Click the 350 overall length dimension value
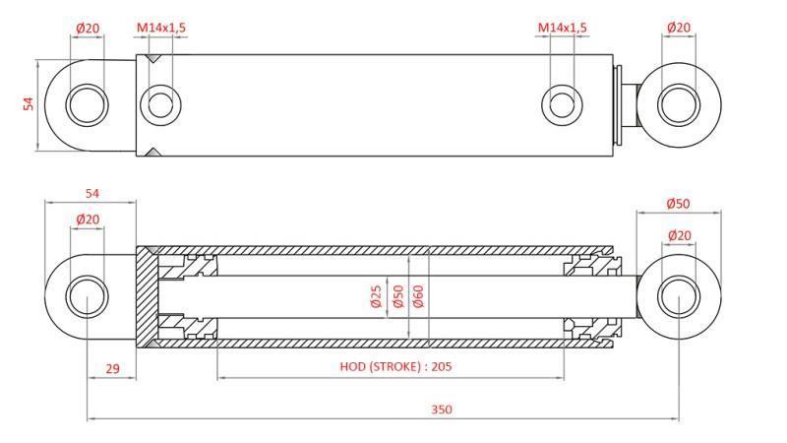(441, 410)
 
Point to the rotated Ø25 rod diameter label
(375, 297)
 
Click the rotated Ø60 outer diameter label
(418, 297)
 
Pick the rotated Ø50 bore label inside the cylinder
(397, 297)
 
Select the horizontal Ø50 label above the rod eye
(678, 204)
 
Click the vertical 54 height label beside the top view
(29, 103)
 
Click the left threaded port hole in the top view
(159, 103)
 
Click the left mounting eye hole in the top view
(87, 103)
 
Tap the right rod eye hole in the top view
(677, 103)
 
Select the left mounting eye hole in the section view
(87, 296)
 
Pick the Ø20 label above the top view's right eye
(679, 28)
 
